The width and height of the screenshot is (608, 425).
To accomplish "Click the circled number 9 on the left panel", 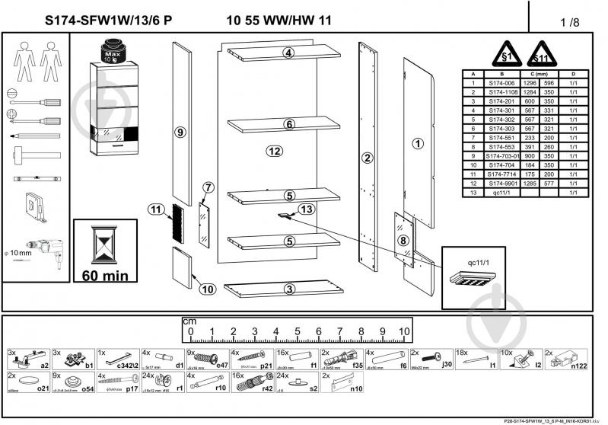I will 180,133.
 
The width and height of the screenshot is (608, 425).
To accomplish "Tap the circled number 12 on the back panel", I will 275,151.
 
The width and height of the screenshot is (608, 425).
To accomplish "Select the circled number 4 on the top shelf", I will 288,53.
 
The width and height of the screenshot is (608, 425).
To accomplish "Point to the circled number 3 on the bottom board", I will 289,289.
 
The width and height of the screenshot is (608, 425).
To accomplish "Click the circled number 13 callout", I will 306,209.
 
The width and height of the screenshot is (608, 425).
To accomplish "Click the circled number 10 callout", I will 205,288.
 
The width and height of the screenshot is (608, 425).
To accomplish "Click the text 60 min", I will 105,274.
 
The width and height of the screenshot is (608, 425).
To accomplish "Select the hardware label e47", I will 223,366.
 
